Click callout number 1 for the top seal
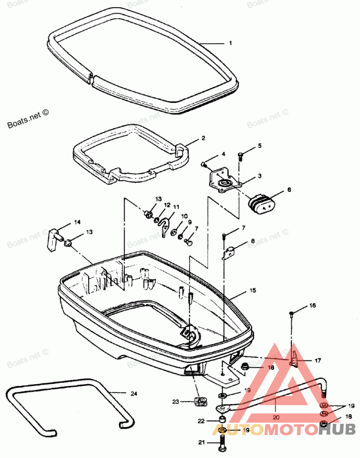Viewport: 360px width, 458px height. pos(230,43)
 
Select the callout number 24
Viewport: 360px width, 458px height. pos(133,394)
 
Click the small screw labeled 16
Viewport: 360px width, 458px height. pos(292,313)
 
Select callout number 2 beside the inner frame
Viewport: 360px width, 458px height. pos(203,138)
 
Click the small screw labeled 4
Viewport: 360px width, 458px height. pos(204,164)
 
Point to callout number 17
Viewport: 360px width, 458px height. pos(318,360)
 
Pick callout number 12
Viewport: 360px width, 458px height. pos(167,205)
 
